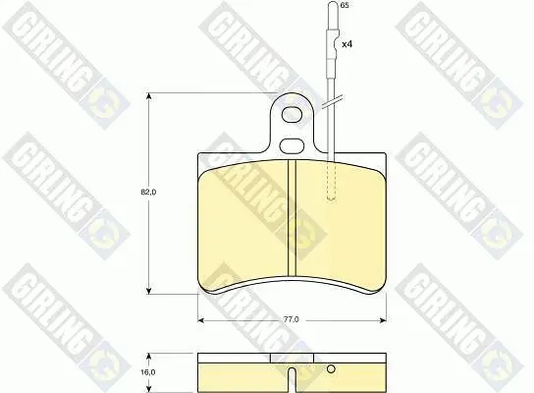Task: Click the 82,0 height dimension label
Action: pyautogui.click(x=148, y=193)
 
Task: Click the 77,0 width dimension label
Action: pyautogui.click(x=292, y=319)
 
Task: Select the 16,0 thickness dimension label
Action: pyautogui.click(x=148, y=372)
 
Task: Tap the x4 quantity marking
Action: pyautogui.click(x=347, y=44)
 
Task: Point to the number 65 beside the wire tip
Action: pyautogui.click(x=345, y=6)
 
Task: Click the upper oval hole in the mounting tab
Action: pyautogui.click(x=292, y=114)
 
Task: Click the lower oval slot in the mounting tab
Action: pyautogui.click(x=292, y=145)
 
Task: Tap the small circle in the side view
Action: pyautogui.click(x=331, y=368)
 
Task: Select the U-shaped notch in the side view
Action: pyautogui.click(x=292, y=379)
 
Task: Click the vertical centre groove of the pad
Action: pyautogui.click(x=292, y=217)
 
